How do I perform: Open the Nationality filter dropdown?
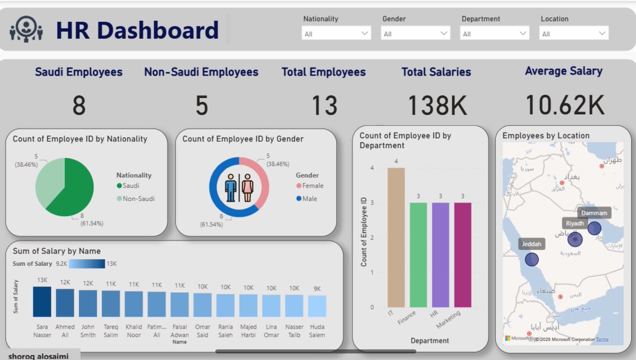coord(336,33)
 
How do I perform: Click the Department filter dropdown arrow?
coord(523,33)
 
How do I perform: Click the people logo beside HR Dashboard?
coord(26,29)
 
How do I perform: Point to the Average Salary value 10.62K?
coord(564,105)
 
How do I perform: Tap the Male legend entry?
coord(309,199)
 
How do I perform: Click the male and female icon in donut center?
coord(239,188)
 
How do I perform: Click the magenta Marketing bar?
coord(463,254)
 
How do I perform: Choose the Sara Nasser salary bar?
coord(42,302)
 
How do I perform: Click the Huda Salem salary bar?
coord(317,306)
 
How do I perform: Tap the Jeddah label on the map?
coord(532,244)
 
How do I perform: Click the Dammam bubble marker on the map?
coord(594,229)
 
